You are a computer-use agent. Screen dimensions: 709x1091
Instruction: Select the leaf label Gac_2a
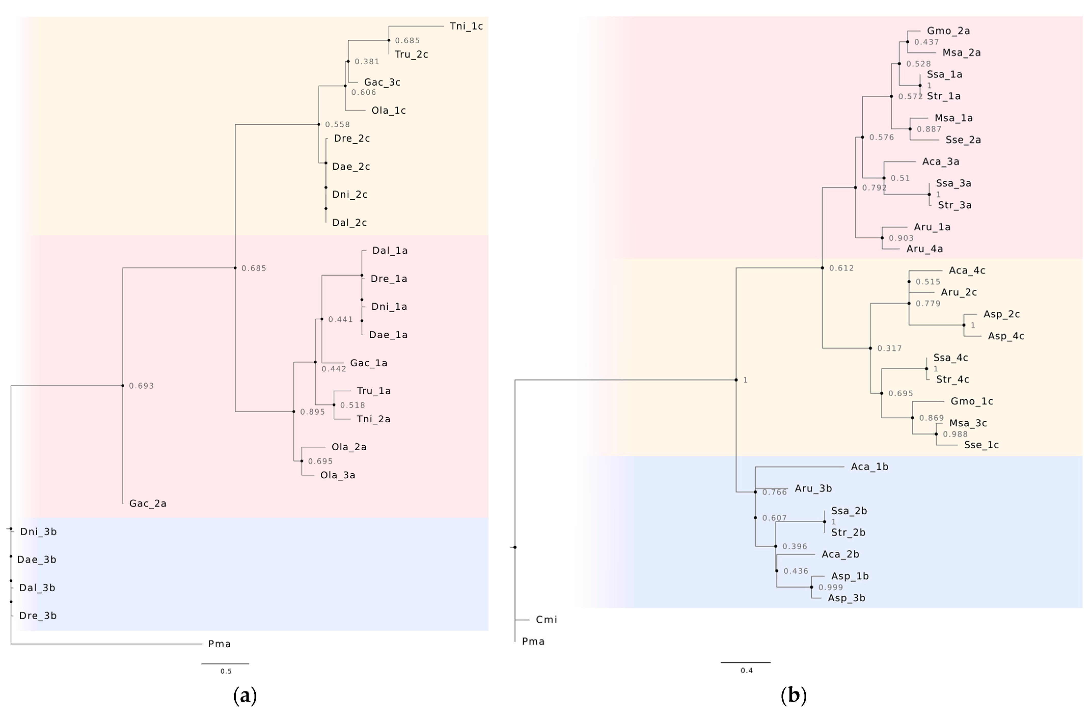[148, 503]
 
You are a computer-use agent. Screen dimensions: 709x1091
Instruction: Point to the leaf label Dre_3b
[38, 616]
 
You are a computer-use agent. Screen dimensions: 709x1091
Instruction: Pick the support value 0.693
[141, 385]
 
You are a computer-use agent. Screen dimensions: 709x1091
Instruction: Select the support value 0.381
[367, 61]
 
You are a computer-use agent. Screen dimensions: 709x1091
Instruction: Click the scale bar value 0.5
[226, 671]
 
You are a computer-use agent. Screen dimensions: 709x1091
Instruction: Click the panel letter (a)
[245, 695]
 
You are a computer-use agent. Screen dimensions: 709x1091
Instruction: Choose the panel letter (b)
[793, 695]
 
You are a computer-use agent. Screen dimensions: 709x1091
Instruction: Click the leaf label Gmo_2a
[948, 31]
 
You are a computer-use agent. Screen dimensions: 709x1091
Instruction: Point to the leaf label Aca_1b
[869, 467]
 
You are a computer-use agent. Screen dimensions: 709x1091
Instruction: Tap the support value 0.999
[831, 587]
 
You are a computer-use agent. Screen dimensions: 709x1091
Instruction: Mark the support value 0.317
[889, 348]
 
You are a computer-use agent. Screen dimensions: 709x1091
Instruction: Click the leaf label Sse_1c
[981, 445]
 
